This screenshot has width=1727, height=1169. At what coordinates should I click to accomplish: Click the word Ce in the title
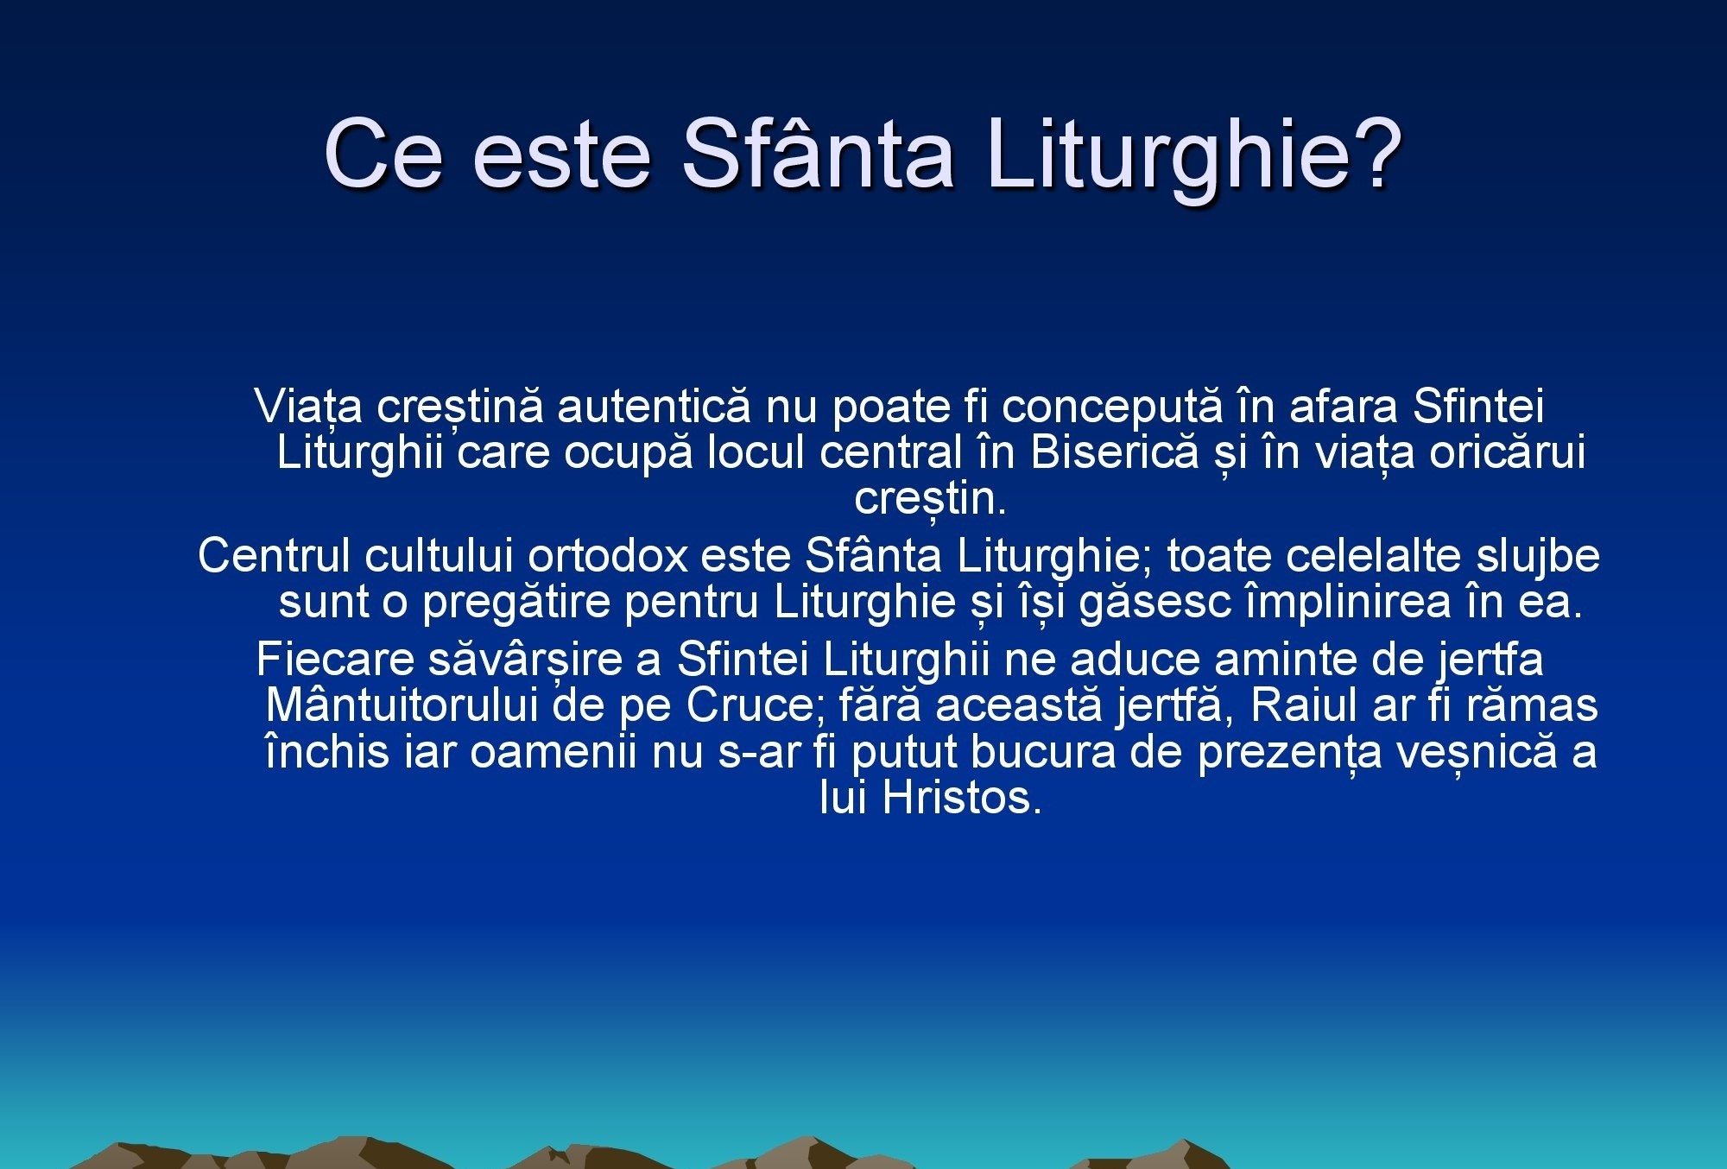[x=383, y=153]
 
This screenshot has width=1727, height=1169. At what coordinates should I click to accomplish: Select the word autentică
[x=654, y=407]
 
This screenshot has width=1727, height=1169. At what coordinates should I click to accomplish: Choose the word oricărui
[x=1507, y=452]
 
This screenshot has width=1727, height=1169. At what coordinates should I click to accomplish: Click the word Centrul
[x=275, y=555]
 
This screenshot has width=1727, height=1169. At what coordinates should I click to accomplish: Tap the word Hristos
[x=962, y=797]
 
